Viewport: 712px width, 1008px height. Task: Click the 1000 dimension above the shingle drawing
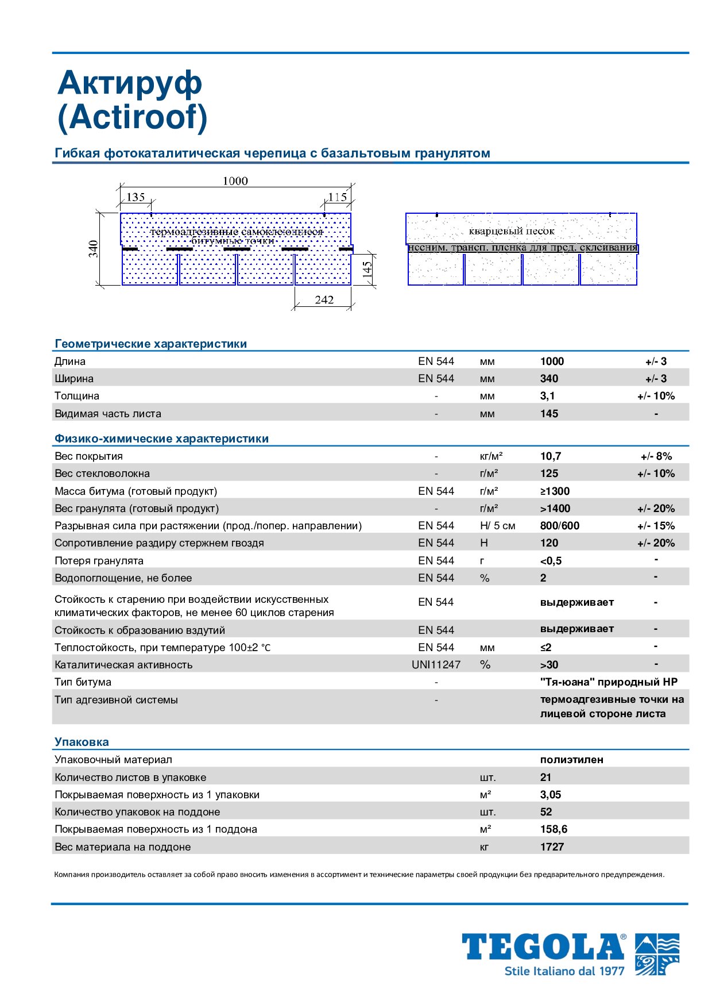pyautogui.click(x=235, y=181)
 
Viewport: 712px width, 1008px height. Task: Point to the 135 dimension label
pyautogui.click(x=136, y=197)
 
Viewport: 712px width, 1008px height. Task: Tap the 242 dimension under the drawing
pyautogui.click(x=324, y=300)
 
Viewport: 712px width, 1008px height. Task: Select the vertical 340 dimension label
pyautogui.click(x=94, y=249)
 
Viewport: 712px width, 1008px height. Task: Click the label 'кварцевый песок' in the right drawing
pyautogui.click(x=512, y=231)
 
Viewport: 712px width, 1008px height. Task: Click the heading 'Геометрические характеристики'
pyautogui.click(x=150, y=344)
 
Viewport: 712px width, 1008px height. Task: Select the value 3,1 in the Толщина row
pyautogui.click(x=547, y=396)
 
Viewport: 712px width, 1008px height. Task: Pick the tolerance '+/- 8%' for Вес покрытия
pyautogui.click(x=656, y=456)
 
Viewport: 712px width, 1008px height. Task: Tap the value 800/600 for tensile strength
pyautogui.click(x=559, y=526)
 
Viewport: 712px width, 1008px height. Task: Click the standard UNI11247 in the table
pyautogui.click(x=436, y=665)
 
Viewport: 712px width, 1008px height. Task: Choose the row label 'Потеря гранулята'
pyautogui.click(x=99, y=561)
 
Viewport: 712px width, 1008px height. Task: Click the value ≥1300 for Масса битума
pyautogui.click(x=555, y=491)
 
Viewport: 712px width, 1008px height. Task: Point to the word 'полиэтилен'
pyautogui.click(x=571, y=760)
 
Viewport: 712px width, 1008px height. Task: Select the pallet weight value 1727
pyautogui.click(x=552, y=847)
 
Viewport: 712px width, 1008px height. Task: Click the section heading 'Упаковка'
pyautogui.click(x=82, y=742)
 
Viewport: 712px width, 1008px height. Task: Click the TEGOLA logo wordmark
pyautogui.click(x=543, y=947)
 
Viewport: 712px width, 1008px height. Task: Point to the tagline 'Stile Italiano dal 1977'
pyautogui.click(x=564, y=971)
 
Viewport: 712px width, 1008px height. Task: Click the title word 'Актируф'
pyautogui.click(x=130, y=83)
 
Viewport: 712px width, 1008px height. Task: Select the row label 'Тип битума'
pyautogui.click(x=83, y=682)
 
